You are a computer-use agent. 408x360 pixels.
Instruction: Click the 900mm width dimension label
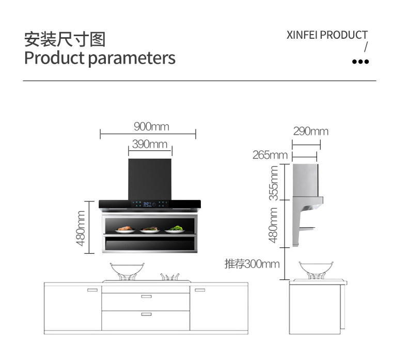point(151,127)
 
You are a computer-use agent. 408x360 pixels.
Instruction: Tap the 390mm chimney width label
point(150,144)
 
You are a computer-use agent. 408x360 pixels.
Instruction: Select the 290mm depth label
point(310,131)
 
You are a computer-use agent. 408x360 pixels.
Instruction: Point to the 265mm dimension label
point(270,155)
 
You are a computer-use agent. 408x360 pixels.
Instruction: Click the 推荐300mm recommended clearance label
point(252,264)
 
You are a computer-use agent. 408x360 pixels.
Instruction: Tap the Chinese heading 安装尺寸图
point(65,39)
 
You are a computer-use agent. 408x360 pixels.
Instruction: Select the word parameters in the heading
point(132,57)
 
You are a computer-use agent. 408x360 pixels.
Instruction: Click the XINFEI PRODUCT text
point(327,35)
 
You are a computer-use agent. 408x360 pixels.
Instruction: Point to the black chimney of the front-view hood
point(150,178)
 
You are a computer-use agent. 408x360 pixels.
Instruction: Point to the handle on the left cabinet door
point(92,290)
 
